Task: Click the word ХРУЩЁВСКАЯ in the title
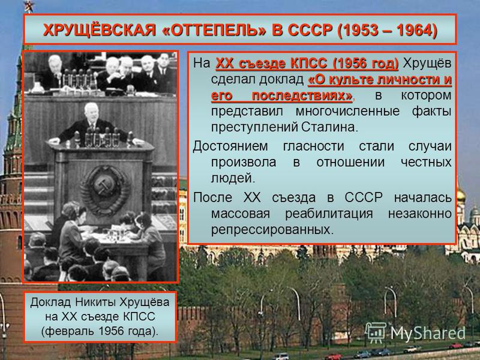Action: click(x=100, y=30)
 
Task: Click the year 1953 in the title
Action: click(x=359, y=30)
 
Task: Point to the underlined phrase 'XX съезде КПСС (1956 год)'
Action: click(x=307, y=64)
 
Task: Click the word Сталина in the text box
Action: click(x=329, y=127)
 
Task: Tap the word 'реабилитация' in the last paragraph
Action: click(x=329, y=214)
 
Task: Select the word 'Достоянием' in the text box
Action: click(x=230, y=146)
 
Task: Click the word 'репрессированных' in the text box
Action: click(x=272, y=230)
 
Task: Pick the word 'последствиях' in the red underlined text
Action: click(x=302, y=96)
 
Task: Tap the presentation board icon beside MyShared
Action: click(x=376, y=332)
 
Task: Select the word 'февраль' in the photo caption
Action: click(x=72, y=331)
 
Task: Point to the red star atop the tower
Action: click(x=28, y=7)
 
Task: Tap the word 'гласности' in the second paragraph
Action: click(x=313, y=146)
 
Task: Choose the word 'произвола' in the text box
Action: click(x=244, y=162)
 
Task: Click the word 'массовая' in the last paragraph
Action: click(x=241, y=214)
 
